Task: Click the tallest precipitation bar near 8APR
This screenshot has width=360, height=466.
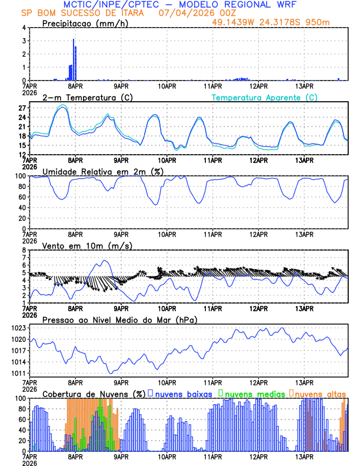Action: point(74,59)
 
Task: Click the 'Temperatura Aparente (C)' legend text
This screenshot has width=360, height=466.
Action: point(265,97)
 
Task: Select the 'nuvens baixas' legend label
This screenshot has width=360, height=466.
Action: point(182,393)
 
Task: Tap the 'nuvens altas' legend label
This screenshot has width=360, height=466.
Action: point(320,393)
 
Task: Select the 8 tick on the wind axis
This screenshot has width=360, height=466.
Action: point(24,250)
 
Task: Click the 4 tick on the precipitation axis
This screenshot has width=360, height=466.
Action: point(24,28)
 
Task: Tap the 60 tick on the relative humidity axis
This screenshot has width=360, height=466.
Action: point(21,197)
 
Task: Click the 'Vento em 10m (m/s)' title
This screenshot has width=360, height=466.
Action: point(82,245)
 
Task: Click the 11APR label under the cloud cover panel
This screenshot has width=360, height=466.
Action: point(212,456)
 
